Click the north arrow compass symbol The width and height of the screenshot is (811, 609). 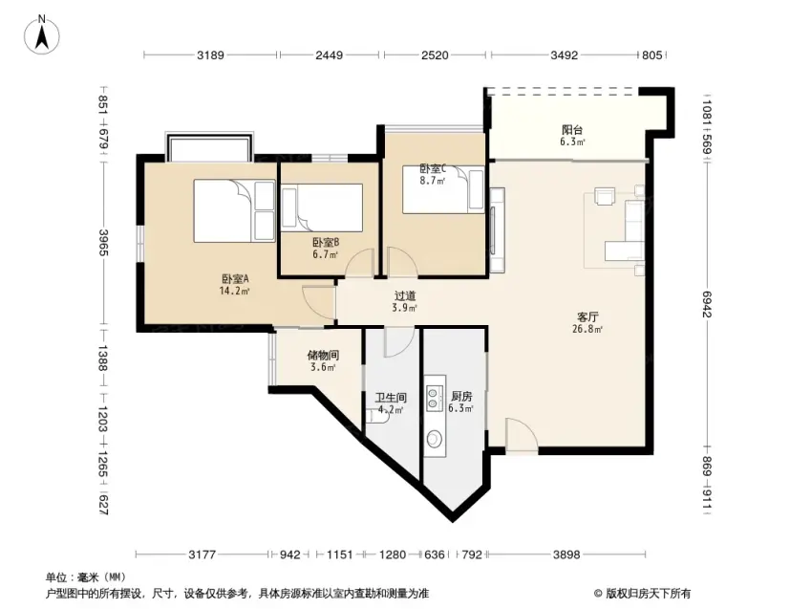[x=42, y=34]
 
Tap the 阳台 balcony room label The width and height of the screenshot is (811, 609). [x=572, y=130]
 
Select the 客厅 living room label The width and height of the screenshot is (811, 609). [x=588, y=317]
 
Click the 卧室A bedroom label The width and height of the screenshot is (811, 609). [x=235, y=279]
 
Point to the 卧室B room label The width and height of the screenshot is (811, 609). [x=326, y=243]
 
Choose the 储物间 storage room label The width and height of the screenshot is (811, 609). [x=323, y=356]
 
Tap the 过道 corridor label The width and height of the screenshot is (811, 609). [x=405, y=295]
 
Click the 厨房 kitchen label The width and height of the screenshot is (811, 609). [x=461, y=396]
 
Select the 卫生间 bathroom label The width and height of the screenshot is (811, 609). [x=391, y=398]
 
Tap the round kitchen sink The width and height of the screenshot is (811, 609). [x=434, y=439]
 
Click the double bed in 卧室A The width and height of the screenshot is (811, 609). [x=235, y=210]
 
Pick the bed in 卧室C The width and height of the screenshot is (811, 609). [x=444, y=189]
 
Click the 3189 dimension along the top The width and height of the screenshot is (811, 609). [x=210, y=54]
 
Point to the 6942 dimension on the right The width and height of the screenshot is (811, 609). [x=707, y=304]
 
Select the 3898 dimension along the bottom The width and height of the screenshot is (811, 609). [x=566, y=555]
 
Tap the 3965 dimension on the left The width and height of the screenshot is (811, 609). [x=103, y=243]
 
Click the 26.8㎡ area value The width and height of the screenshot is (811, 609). [x=587, y=329]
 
